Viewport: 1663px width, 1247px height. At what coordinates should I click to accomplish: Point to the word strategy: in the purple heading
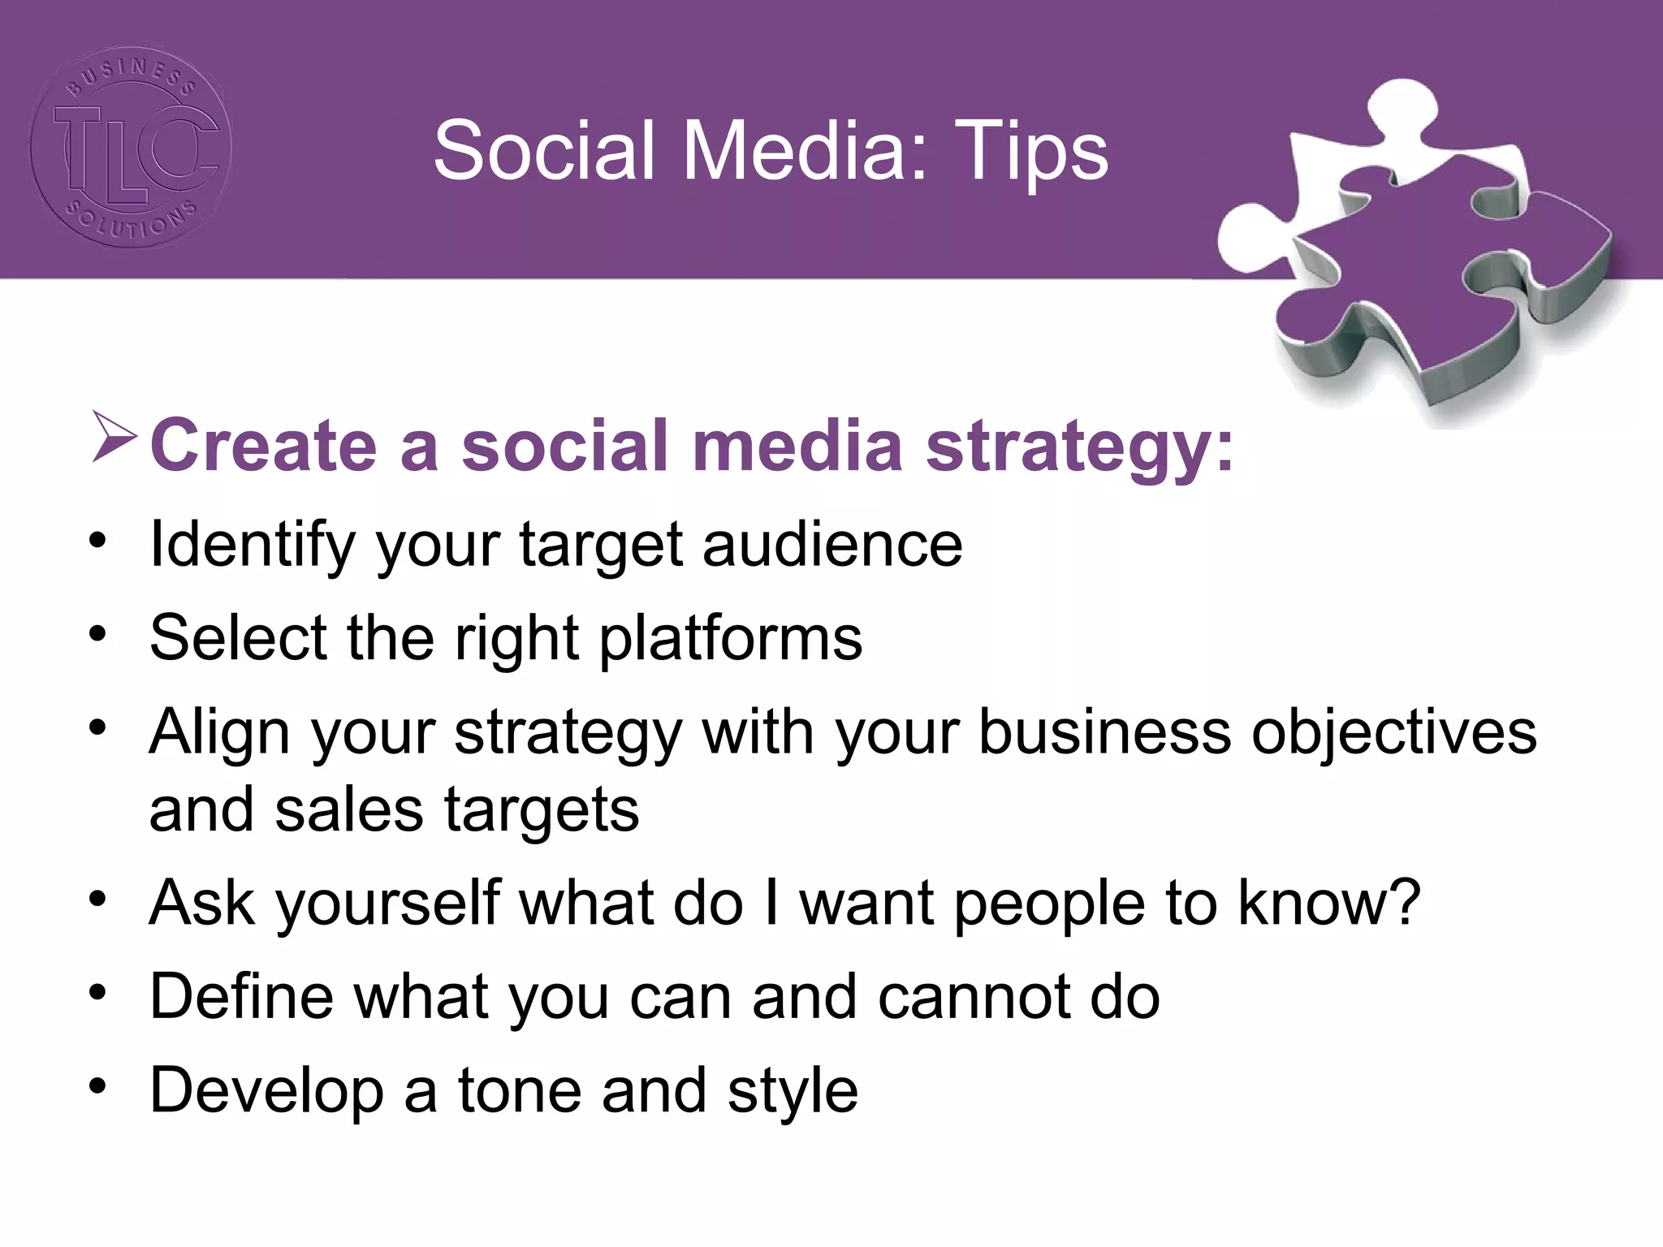click(x=1080, y=447)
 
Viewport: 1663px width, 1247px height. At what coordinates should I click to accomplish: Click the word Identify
click(x=253, y=545)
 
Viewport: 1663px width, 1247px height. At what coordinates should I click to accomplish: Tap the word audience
click(x=832, y=545)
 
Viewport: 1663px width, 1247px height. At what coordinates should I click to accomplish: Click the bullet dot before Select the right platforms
click(x=98, y=634)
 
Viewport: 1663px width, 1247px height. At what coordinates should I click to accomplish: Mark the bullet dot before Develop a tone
click(x=98, y=1086)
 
